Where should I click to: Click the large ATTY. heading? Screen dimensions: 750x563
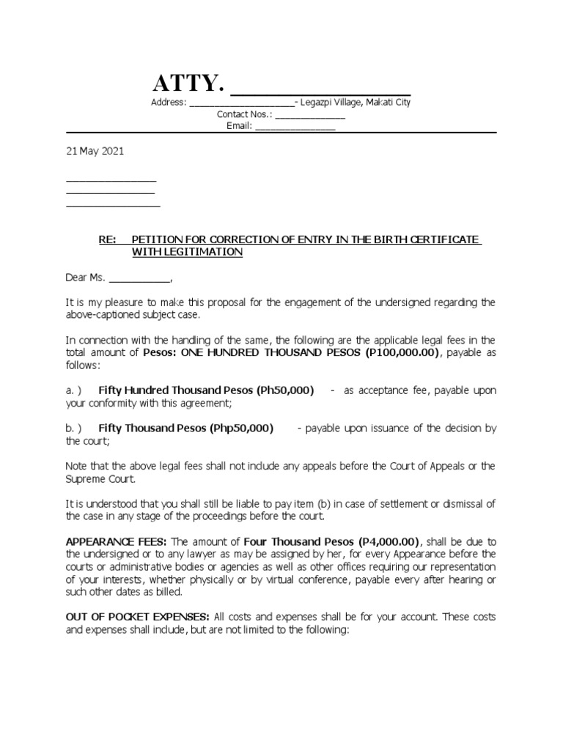[187, 84]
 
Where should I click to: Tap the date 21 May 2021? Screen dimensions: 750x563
[95, 152]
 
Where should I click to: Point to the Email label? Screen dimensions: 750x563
[239, 126]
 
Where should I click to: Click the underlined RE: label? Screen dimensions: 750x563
[108, 240]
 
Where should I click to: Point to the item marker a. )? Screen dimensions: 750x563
[73, 390]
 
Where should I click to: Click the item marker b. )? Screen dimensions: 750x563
[73, 428]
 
